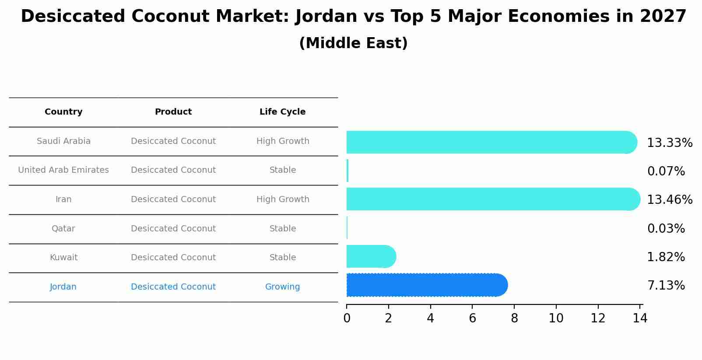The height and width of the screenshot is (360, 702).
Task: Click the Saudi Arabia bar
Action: (490, 142)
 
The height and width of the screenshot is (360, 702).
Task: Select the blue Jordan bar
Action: (427, 285)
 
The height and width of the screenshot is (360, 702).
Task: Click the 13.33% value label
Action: (669, 143)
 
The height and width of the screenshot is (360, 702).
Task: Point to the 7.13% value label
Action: (666, 286)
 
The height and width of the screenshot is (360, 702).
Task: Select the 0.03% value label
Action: (666, 228)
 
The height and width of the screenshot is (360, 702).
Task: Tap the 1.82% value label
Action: (666, 257)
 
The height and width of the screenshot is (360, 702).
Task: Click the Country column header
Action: (63, 112)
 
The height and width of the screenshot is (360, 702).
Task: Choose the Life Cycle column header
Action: (282, 112)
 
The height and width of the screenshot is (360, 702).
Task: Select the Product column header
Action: (173, 112)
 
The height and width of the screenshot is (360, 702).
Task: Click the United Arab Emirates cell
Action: (63, 170)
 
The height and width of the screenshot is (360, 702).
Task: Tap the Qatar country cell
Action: (63, 229)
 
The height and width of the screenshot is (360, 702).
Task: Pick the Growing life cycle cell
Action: (282, 287)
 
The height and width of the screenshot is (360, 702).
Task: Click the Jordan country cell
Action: (63, 287)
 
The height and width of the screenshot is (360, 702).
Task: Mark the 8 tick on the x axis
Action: (514, 318)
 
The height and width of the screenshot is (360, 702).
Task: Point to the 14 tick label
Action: (640, 318)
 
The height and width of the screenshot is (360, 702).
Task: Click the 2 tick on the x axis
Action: (388, 318)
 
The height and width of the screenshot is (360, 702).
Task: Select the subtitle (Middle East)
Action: (353, 43)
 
